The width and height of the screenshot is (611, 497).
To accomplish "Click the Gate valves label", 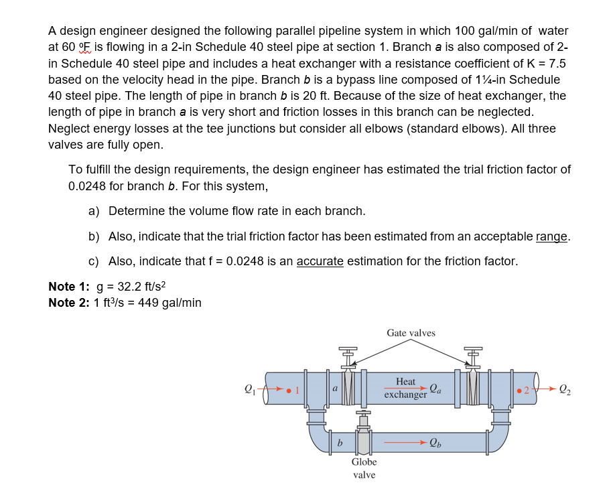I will point(411,333).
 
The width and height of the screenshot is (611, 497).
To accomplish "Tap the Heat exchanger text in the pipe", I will point(405,388).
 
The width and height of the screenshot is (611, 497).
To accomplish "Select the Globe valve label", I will point(364,468).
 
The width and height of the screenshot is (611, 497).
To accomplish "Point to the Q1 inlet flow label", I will point(250,388).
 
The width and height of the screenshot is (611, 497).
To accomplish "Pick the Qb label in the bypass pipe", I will point(435,442).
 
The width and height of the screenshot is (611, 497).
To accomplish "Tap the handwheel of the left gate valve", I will point(348,348).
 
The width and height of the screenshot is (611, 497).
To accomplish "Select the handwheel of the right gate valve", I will point(473,348).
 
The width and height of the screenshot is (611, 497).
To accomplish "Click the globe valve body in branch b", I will point(364,442).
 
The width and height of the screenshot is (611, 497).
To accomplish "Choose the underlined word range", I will point(552,236).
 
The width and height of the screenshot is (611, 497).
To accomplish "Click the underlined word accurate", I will point(320,261).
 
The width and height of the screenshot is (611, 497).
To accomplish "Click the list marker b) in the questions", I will point(94,236).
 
